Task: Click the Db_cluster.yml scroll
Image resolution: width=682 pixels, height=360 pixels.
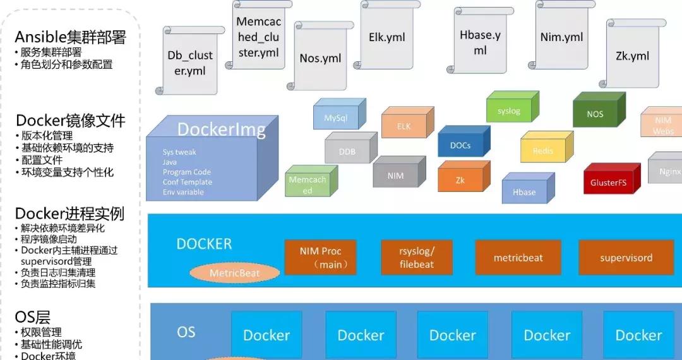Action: click(190, 62)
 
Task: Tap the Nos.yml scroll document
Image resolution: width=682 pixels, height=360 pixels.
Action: click(320, 58)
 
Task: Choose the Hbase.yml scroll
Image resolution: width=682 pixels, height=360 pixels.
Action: click(480, 42)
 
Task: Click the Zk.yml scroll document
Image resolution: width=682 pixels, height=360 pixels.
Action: click(632, 56)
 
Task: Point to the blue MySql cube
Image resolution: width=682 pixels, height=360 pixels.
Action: click(336, 118)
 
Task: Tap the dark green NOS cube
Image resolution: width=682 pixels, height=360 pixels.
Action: click(595, 114)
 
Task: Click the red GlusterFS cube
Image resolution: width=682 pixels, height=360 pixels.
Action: click(608, 183)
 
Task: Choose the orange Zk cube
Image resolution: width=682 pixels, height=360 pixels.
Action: click(460, 180)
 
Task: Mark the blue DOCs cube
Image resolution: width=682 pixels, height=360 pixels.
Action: click(460, 145)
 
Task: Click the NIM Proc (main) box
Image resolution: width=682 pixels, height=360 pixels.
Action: click(321, 258)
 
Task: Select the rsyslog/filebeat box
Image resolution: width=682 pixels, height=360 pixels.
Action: click(417, 258)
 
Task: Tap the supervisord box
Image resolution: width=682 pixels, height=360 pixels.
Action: click(626, 258)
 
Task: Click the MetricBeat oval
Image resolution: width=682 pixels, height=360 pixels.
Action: click(235, 273)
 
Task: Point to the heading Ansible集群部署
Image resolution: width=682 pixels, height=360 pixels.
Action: click(70, 37)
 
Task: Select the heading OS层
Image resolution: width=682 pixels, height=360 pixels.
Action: click(33, 317)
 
